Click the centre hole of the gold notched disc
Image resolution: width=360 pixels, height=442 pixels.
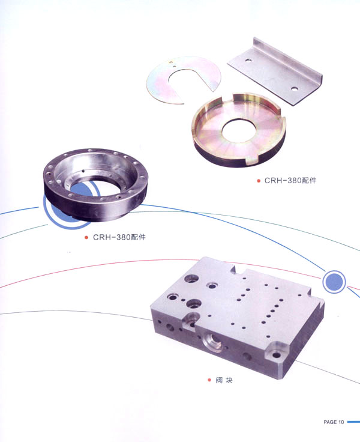238,132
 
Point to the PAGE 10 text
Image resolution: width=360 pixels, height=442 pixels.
334,422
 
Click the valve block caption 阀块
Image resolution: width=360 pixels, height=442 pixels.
224,380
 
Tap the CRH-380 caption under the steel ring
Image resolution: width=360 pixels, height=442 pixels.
119,237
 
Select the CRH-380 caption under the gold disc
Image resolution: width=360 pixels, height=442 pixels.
290,180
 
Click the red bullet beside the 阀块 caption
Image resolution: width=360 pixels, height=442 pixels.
209,380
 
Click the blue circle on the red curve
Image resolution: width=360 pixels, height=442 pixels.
334,282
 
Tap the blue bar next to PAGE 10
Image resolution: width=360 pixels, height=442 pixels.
353,422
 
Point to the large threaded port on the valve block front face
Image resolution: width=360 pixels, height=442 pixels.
212,342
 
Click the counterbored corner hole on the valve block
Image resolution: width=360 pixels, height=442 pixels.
276,354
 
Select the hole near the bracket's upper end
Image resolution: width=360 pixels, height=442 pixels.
248,60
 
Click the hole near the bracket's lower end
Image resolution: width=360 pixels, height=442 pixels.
295,89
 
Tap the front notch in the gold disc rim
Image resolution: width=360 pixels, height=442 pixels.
251,160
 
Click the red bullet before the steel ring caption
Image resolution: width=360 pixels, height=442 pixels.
86,237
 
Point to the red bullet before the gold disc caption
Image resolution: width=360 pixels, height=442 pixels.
259,181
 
